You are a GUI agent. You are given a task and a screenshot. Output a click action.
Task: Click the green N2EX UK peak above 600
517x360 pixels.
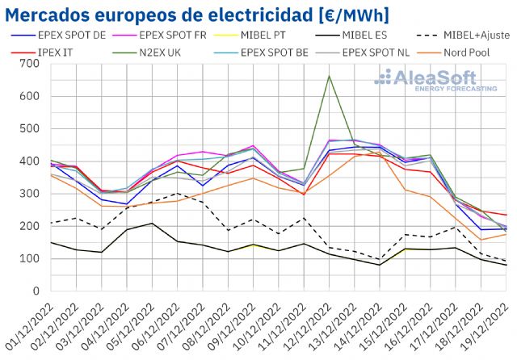pos(329,76)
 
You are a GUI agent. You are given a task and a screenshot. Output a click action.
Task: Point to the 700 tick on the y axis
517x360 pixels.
pos(27,64)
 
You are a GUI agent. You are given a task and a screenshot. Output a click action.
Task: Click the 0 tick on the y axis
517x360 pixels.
pos(33,291)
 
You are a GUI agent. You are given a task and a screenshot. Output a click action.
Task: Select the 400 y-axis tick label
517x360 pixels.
pos(27,161)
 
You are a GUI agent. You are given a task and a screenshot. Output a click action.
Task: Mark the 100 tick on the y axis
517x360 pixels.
pos(27,259)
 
